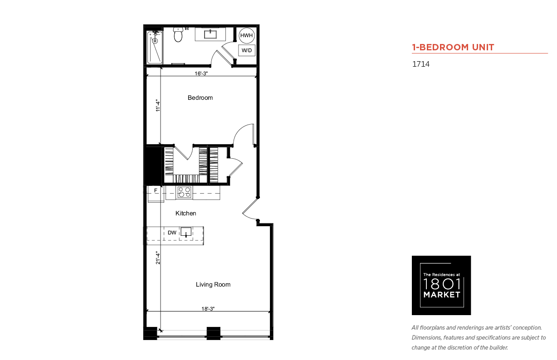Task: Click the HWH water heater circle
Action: tap(246, 35)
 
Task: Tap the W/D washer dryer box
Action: tap(247, 50)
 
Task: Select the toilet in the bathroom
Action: tap(178, 34)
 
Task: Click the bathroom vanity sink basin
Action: tap(210, 34)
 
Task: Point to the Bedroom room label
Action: tap(200, 97)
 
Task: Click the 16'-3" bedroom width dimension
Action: tap(201, 73)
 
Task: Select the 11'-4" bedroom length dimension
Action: tap(158, 105)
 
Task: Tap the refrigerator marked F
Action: tap(156, 194)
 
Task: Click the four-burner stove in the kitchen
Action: tap(184, 192)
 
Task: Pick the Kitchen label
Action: tap(186, 213)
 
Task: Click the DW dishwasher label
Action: tap(172, 233)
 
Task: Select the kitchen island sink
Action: tap(186, 232)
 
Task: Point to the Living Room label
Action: tap(213, 284)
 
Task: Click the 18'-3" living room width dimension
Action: tap(208, 308)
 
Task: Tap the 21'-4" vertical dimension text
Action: tap(158, 258)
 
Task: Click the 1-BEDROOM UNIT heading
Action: tap(453, 47)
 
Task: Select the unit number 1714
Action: tap(421, 64)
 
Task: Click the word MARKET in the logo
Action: tap(442, 295)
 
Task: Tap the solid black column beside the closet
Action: tap(153, 165)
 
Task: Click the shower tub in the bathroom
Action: tap(155, 47)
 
